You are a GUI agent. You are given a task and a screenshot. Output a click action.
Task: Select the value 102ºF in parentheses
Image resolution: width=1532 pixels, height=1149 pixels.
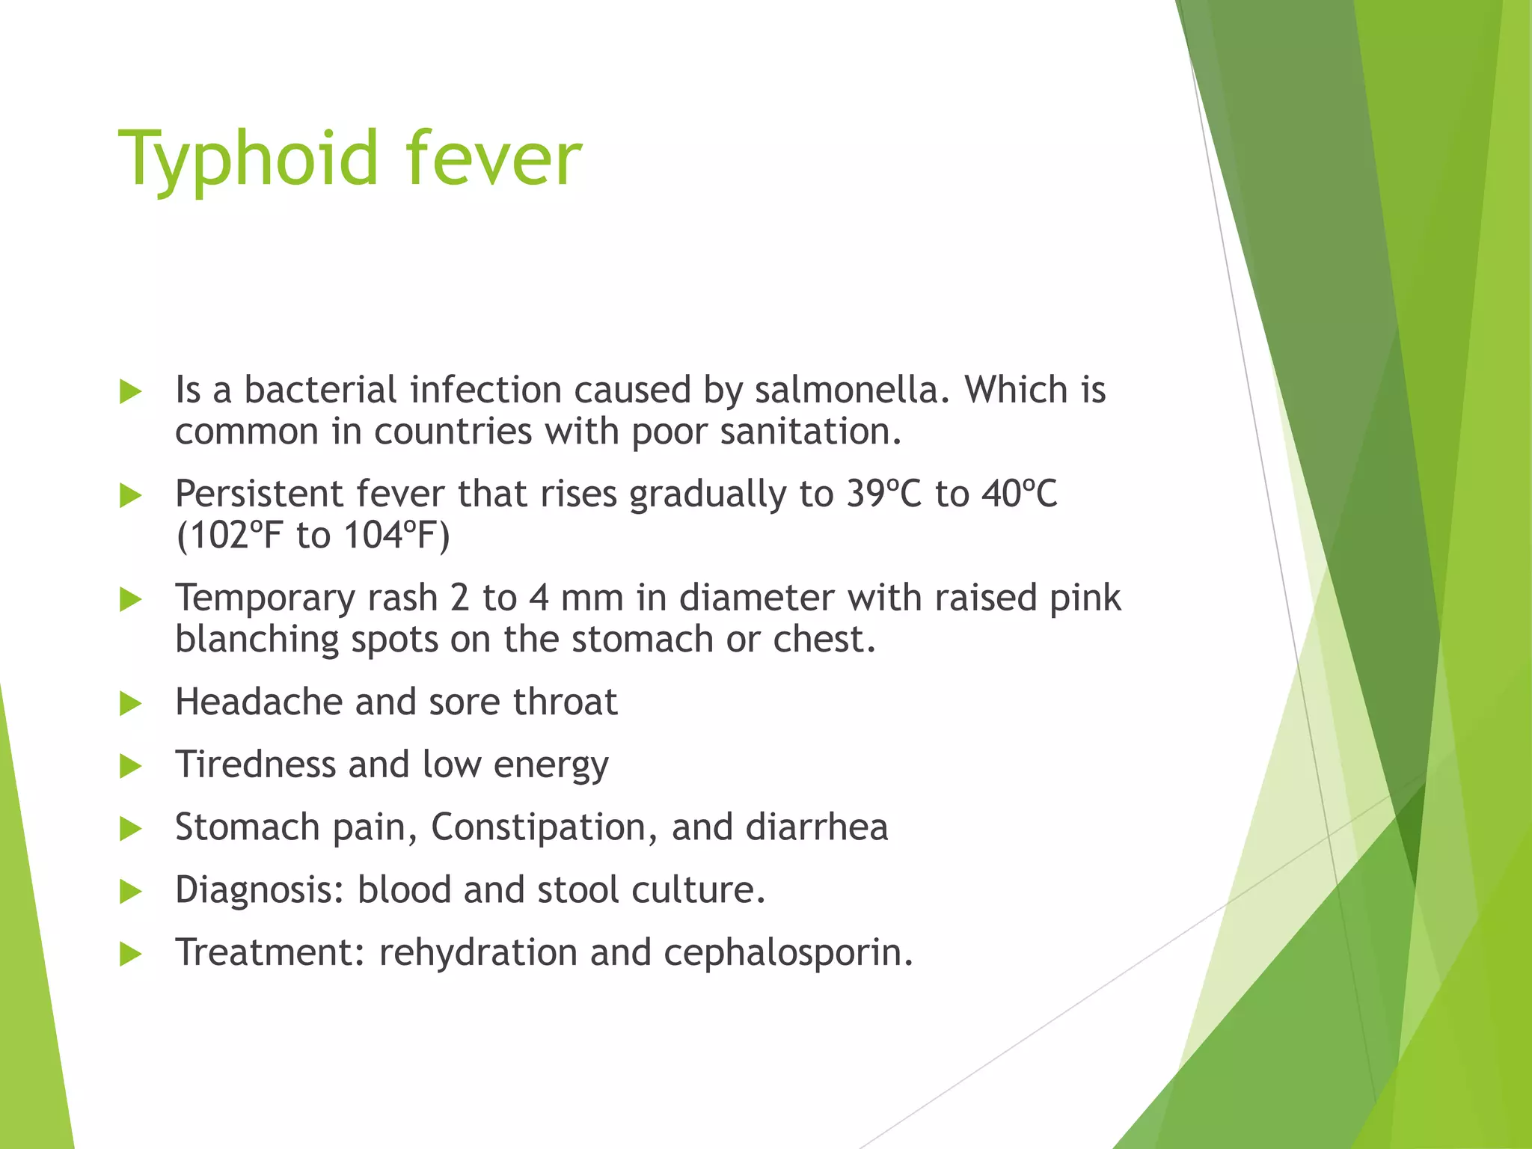point(228,536)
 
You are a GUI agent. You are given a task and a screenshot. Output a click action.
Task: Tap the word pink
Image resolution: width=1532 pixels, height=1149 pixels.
point(1085,598)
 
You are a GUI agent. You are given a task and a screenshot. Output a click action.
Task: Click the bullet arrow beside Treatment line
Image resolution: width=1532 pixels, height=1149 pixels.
point(130,954)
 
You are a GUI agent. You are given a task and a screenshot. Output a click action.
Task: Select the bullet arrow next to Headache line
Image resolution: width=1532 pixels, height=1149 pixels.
point(130,703)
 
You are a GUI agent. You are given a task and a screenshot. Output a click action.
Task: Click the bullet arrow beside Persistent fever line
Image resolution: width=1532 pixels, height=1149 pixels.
point(130,495)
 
